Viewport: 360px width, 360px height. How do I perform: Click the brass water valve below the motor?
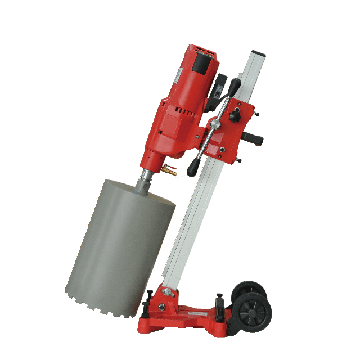coord(167,169)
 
